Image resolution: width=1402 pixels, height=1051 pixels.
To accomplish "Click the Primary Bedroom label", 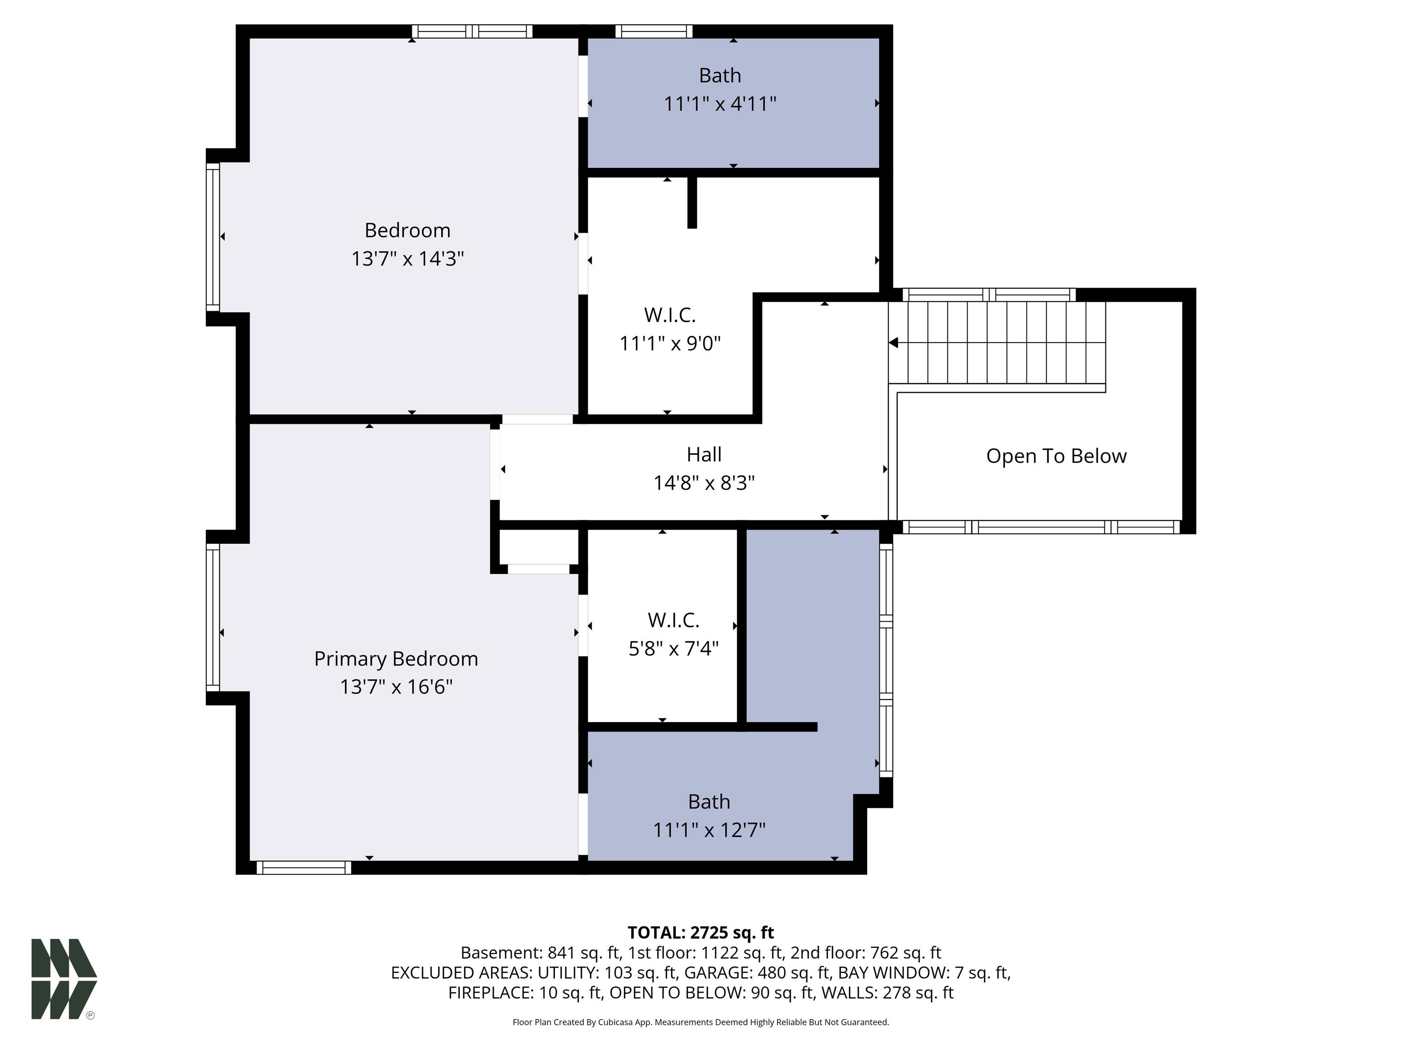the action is coord(396,659).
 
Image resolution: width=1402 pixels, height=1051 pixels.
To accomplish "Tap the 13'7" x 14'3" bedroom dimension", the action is coord(408,259).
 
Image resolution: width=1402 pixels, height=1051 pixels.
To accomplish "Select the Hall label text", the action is coord(704,454).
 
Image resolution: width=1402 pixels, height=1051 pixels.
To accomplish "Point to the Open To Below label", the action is coord(1056,456).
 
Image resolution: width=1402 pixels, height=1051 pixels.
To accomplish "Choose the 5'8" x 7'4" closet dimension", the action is coord(673,649).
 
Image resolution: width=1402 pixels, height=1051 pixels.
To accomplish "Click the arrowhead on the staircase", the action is coord(894,343).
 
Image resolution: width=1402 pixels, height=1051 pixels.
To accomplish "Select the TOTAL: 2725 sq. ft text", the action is coord(701,932).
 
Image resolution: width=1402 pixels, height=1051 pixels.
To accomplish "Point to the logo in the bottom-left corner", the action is coord(64,979).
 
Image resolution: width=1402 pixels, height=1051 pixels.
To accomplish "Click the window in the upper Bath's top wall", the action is coord(654,31).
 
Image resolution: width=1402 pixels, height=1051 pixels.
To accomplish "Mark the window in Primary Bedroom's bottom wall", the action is coord(303,868).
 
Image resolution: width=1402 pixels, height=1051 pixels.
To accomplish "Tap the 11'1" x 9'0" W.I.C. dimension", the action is coord(670,343).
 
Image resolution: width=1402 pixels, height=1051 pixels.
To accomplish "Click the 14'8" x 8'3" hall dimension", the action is coord(704,484).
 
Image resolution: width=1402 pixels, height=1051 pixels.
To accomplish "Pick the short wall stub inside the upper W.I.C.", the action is coord(692,202).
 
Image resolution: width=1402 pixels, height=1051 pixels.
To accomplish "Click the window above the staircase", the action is coord(989,295).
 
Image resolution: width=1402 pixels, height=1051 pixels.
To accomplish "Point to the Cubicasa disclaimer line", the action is coord(701,1022).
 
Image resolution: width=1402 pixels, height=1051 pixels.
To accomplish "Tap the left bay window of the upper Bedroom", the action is coord(213,237).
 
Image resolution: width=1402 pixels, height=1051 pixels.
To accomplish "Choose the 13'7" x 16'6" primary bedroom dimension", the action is coord(396,687).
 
